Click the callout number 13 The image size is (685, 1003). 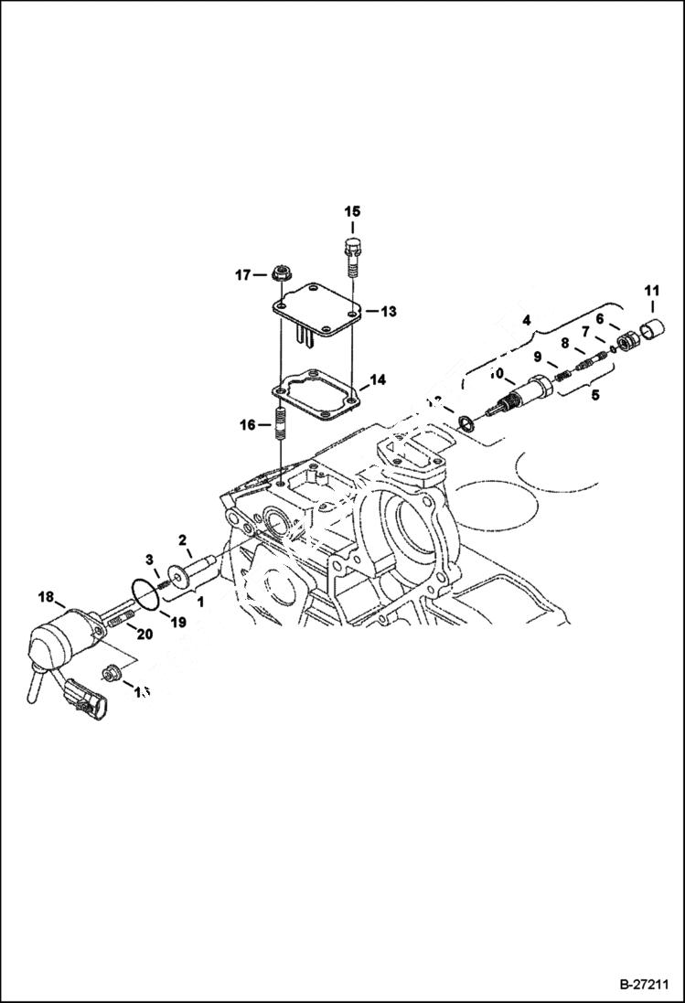388,312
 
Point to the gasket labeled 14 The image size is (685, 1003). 316,388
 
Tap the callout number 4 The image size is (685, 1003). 526,321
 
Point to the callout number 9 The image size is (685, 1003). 539,357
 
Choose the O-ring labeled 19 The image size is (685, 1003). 144,593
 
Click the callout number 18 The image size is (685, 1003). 45,596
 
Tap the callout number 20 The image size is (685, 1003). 145,634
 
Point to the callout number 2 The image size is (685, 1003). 182,539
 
